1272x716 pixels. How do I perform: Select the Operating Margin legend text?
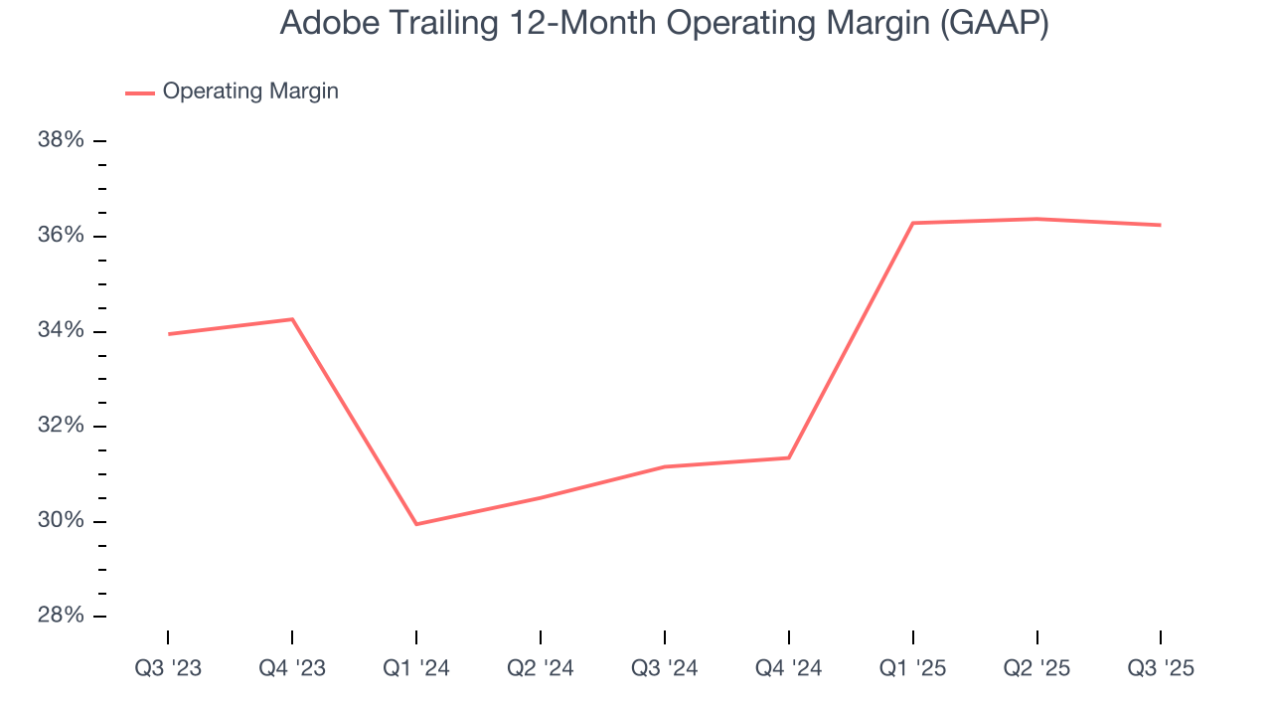coord(250,91)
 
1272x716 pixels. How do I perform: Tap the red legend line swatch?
coord(140,92)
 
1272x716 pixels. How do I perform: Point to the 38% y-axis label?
coord(61,140)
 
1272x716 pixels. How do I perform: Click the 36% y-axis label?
coord(61,236)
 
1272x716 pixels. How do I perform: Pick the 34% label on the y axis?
coord(61,331)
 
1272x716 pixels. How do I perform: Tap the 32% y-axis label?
coord(61,426)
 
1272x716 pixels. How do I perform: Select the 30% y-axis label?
coord(61,521)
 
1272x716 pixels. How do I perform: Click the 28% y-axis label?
coord(61,617)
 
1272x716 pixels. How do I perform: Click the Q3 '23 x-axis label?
coord(168,668)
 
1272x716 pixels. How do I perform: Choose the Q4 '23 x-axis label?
coord(292,668)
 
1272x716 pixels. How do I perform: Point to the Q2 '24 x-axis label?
coord(541,668)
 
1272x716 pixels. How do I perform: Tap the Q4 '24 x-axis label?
coord(789,668)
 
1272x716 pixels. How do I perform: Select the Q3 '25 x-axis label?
coord(1161,668)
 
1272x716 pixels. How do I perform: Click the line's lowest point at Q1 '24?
coord(416,524)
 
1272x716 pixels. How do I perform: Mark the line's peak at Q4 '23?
coord(292,319)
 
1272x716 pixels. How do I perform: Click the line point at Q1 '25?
coord(913,223)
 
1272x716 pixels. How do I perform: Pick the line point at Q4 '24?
coord(789,457)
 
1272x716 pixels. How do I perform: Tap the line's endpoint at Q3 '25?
coord(1161,225)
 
